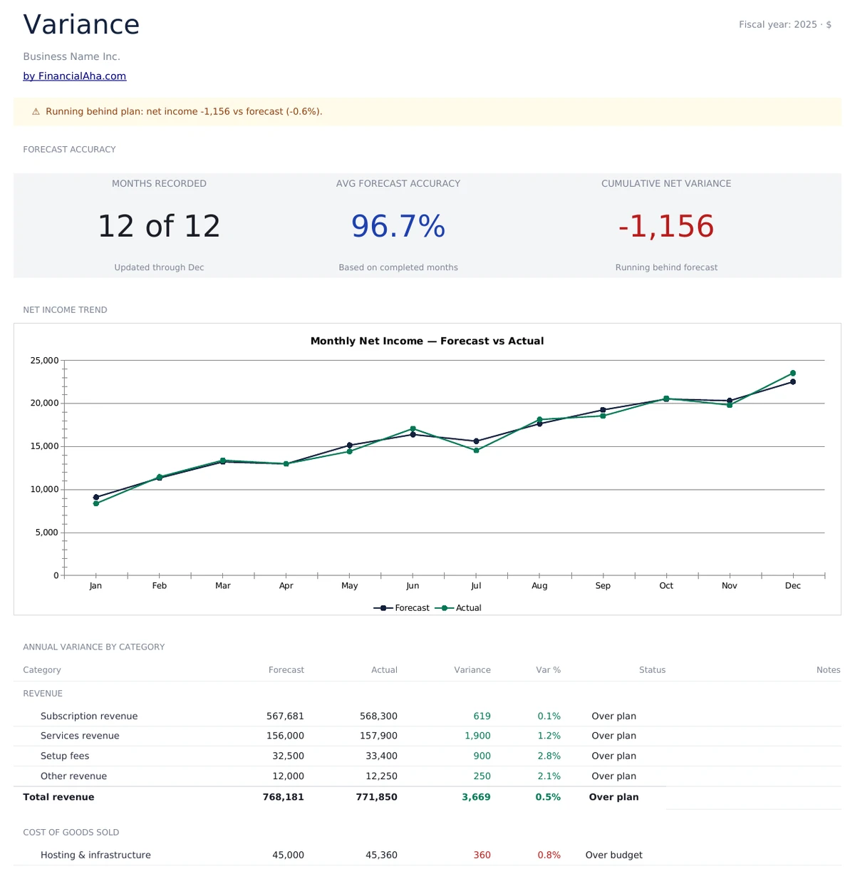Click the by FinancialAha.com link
[74, 76]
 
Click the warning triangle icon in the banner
[36, 112]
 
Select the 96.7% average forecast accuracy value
[398, 227]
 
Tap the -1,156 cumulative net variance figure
[665, 227]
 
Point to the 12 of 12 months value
[159, 227]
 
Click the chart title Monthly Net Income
[427, 341]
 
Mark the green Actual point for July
[476, 451]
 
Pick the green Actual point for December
[792, 374]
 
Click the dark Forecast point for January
[96, 497]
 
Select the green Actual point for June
[413, 429]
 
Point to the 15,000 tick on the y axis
[44, 446]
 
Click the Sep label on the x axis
[603, 586]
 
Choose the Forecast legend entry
[402, 608]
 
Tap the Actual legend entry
[459, 608]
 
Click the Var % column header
[548, 670]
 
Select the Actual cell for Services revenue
[378, 736]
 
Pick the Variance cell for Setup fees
[482, 756]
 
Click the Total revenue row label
[58, 797]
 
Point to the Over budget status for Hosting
[613, 855]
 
